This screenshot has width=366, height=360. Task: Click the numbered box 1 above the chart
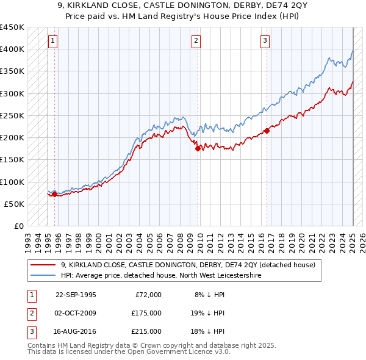point(54,41)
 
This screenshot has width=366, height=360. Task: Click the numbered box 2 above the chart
point(196,41)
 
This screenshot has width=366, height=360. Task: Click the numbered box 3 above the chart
point(265,41)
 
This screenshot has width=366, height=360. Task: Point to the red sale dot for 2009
point(198,148)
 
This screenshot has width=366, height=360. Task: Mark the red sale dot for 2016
point(267,131)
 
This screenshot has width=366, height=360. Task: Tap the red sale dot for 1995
point(55,194)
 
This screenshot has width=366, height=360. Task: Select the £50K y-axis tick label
point(15,204)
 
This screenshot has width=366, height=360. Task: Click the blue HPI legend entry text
point(161,276)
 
